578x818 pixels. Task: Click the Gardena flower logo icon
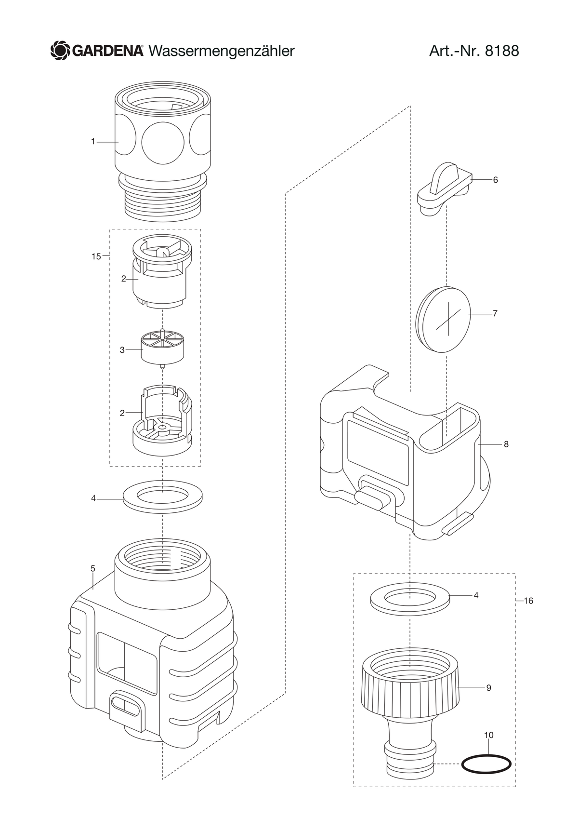click(59, 50)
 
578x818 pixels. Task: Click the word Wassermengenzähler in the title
click(222, 51)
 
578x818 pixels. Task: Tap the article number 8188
click(502, 51)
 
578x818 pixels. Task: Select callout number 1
click(93, 141)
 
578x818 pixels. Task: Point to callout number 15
click(96, 257)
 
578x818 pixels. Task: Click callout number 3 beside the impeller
click(122, 350)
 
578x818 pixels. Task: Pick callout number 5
click(92, 569)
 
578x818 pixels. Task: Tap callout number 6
click(495, 180)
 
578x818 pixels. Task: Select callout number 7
click(495, 313)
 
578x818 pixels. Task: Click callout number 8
click(506, 444)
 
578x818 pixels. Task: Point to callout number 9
click(488, 688)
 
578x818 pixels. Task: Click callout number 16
click(528, 601)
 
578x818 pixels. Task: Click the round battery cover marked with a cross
click(443, 319)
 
